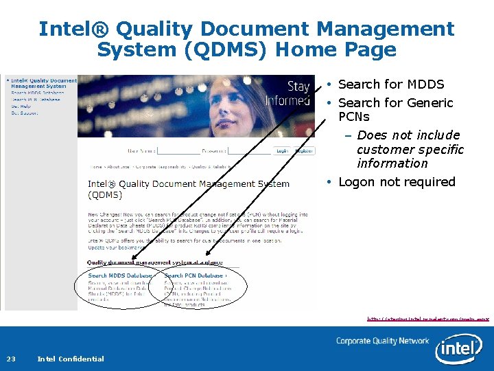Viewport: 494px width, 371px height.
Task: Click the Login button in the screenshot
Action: pyautogui.click(x=282, y=150)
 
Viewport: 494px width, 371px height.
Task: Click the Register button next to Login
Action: pyautogui.click(x=303, y=150)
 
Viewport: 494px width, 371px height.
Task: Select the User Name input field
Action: pyautogui.click(x=177, y=150)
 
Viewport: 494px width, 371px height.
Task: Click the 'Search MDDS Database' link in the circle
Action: pyautogui.click(x=120, y=276)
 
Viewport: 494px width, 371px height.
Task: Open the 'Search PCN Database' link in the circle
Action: pyautogui.click(x=196, y=276)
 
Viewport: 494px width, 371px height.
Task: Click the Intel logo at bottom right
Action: pyautogui.click(x=458, y=349)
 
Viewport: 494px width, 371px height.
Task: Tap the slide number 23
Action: pyautogui.click(x=12, y=359)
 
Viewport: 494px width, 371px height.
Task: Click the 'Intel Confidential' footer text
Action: pyautogui.click(x=71, y=359)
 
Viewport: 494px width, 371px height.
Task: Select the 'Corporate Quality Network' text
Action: pyautogui.click(x=382, y=341)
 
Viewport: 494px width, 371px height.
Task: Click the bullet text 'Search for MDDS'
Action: pyautogui.click(x=391, y=85)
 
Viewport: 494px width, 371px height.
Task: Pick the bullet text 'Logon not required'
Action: pyautogui.click(x=397, y=182)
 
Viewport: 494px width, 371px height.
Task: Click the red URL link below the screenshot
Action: pyautogui.click(x=427, y=319)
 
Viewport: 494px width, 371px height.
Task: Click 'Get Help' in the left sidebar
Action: pyautogui.click(x=21, y=106)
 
